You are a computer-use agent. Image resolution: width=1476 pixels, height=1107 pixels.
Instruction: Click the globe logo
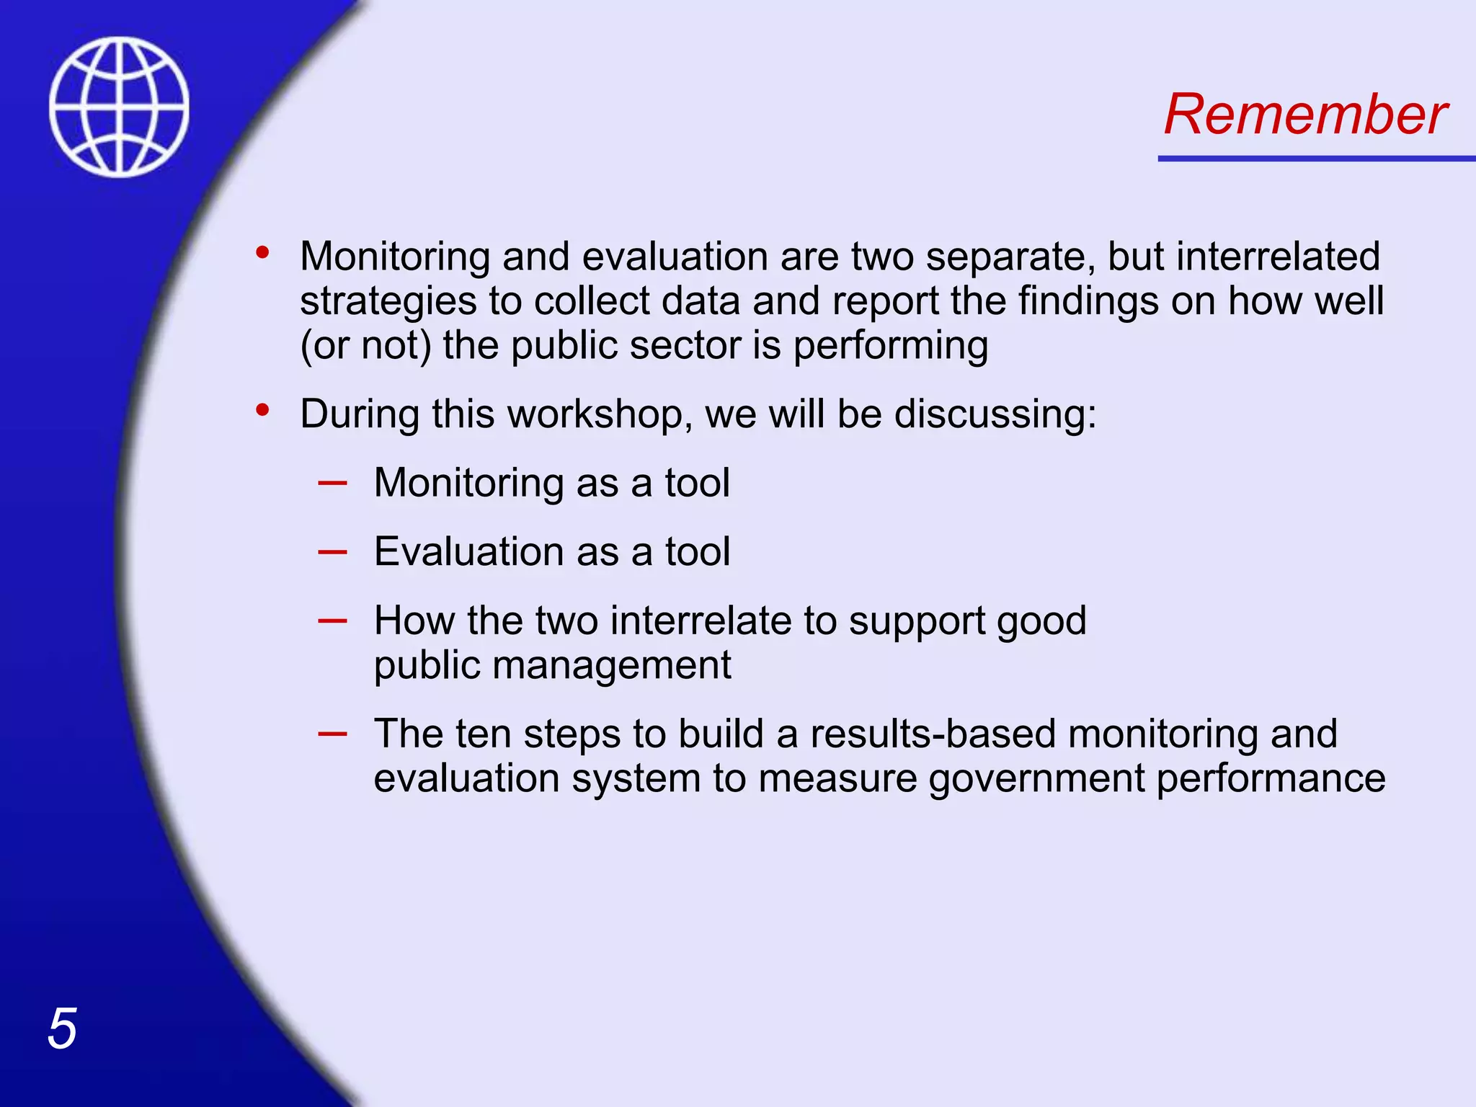pos(120,107)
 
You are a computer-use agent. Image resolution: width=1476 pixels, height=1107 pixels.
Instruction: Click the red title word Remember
pos(1304,115)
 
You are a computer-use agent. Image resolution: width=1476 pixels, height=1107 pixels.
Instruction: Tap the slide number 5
pos(62,1028)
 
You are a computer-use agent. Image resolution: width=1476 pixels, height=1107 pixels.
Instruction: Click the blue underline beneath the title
pos(1316,158)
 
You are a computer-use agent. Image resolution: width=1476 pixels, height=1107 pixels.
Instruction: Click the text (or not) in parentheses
pos(365,345)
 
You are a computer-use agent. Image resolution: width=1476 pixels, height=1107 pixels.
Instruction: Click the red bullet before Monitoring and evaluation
pos(262,253)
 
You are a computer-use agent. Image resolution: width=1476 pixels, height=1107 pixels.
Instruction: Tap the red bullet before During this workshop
pos(262,411)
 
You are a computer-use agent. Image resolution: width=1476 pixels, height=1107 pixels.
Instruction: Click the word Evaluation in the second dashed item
pos(468,552)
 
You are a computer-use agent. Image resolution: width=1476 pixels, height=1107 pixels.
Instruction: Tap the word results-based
pos(933,734)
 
